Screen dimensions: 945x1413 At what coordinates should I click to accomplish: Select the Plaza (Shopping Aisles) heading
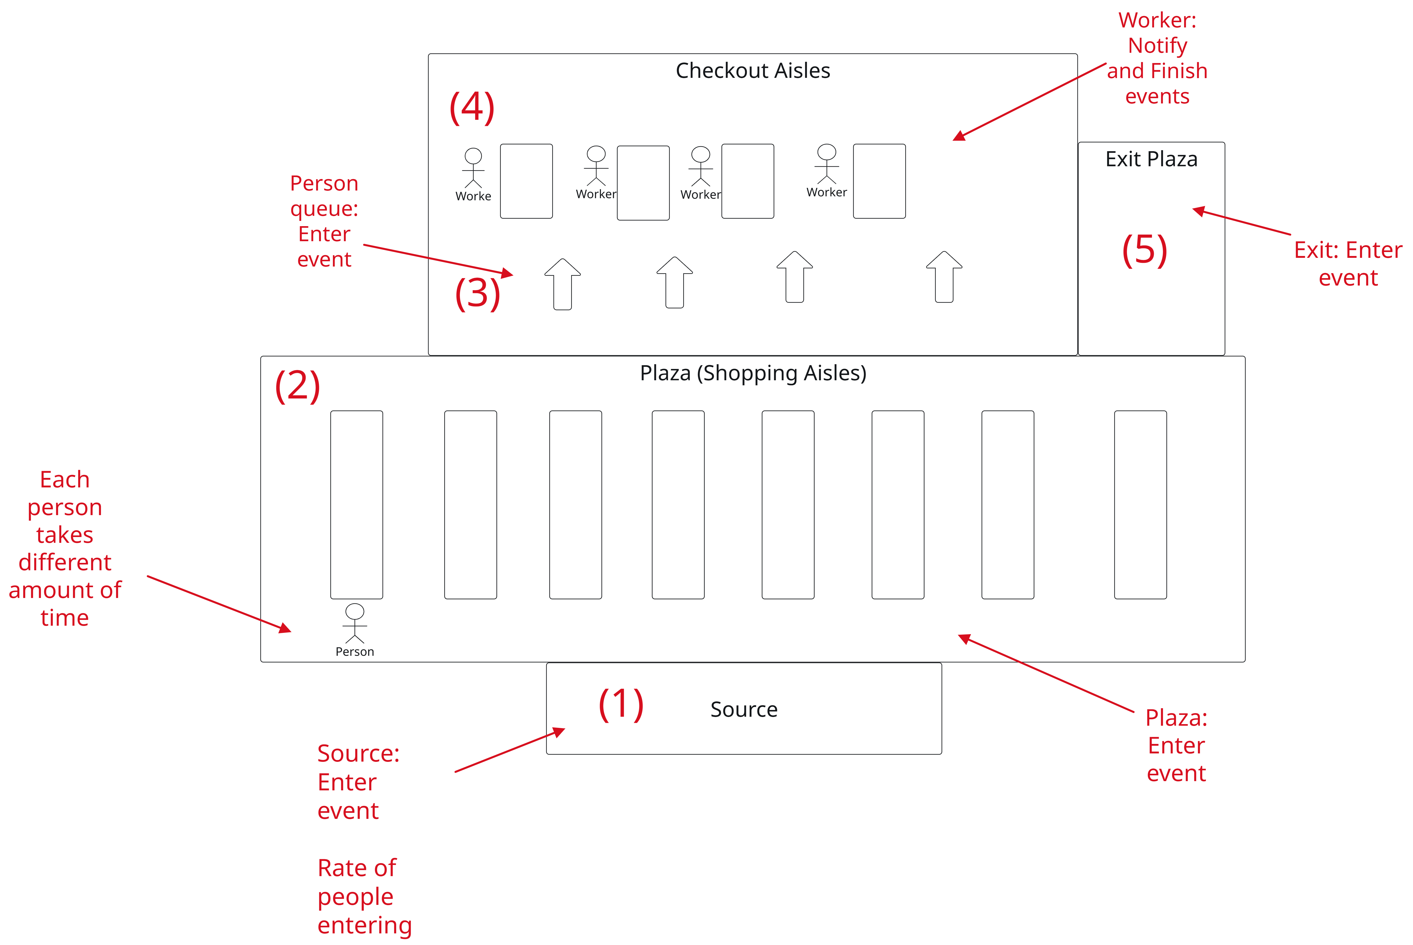pos(753,373)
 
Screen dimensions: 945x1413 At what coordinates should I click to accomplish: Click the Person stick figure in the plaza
pos(355,624)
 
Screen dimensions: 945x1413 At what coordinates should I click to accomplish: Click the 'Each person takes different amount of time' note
pos(64,548)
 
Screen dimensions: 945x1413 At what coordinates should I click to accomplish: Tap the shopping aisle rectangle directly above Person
pos(356,505)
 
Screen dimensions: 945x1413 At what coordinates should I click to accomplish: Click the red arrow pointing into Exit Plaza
pos(1241,222)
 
